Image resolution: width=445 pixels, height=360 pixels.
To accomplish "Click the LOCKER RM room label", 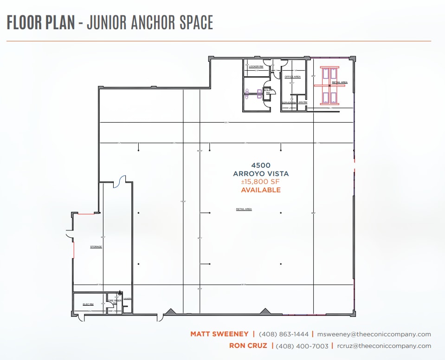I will pyautogui.click(x=256, y=66).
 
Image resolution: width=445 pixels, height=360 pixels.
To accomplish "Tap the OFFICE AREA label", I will pyautogui.click(x=292, y=77).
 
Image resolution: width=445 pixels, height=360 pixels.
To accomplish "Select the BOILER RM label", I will pyautogui.click(x=268, y=91).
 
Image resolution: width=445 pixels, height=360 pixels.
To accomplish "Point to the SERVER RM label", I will pyautogui.click(x=289, y=102).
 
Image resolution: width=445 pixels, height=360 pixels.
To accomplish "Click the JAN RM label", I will pyautogui.click(x=303, y=102).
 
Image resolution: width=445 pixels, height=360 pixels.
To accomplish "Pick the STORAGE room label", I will pyautogui.click(x=96, y=247).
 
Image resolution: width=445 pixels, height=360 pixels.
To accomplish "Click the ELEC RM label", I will pyautogui.click(x=88, y=304).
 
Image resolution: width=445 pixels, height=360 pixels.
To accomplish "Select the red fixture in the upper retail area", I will pyautogui.click(x=329, y=85).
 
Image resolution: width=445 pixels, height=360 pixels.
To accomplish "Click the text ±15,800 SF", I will pyautogui.click(x=260, y=182).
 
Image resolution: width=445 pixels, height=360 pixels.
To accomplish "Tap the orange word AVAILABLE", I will pyautogui.click(x=260, y=190).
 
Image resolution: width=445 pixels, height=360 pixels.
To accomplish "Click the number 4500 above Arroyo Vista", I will pyautogui.click(x=260, y=165).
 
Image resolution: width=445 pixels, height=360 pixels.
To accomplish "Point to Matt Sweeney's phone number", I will pyautogui.click(x=283, y=334).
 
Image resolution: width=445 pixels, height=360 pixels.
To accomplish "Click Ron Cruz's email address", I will pyautogui.click(x=384, y=346).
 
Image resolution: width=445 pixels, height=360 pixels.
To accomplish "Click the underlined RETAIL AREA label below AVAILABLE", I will pyautogui.click(x=244, y=209).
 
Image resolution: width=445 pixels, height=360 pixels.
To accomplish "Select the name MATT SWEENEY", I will pyautogui.click(x=219, y=334).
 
